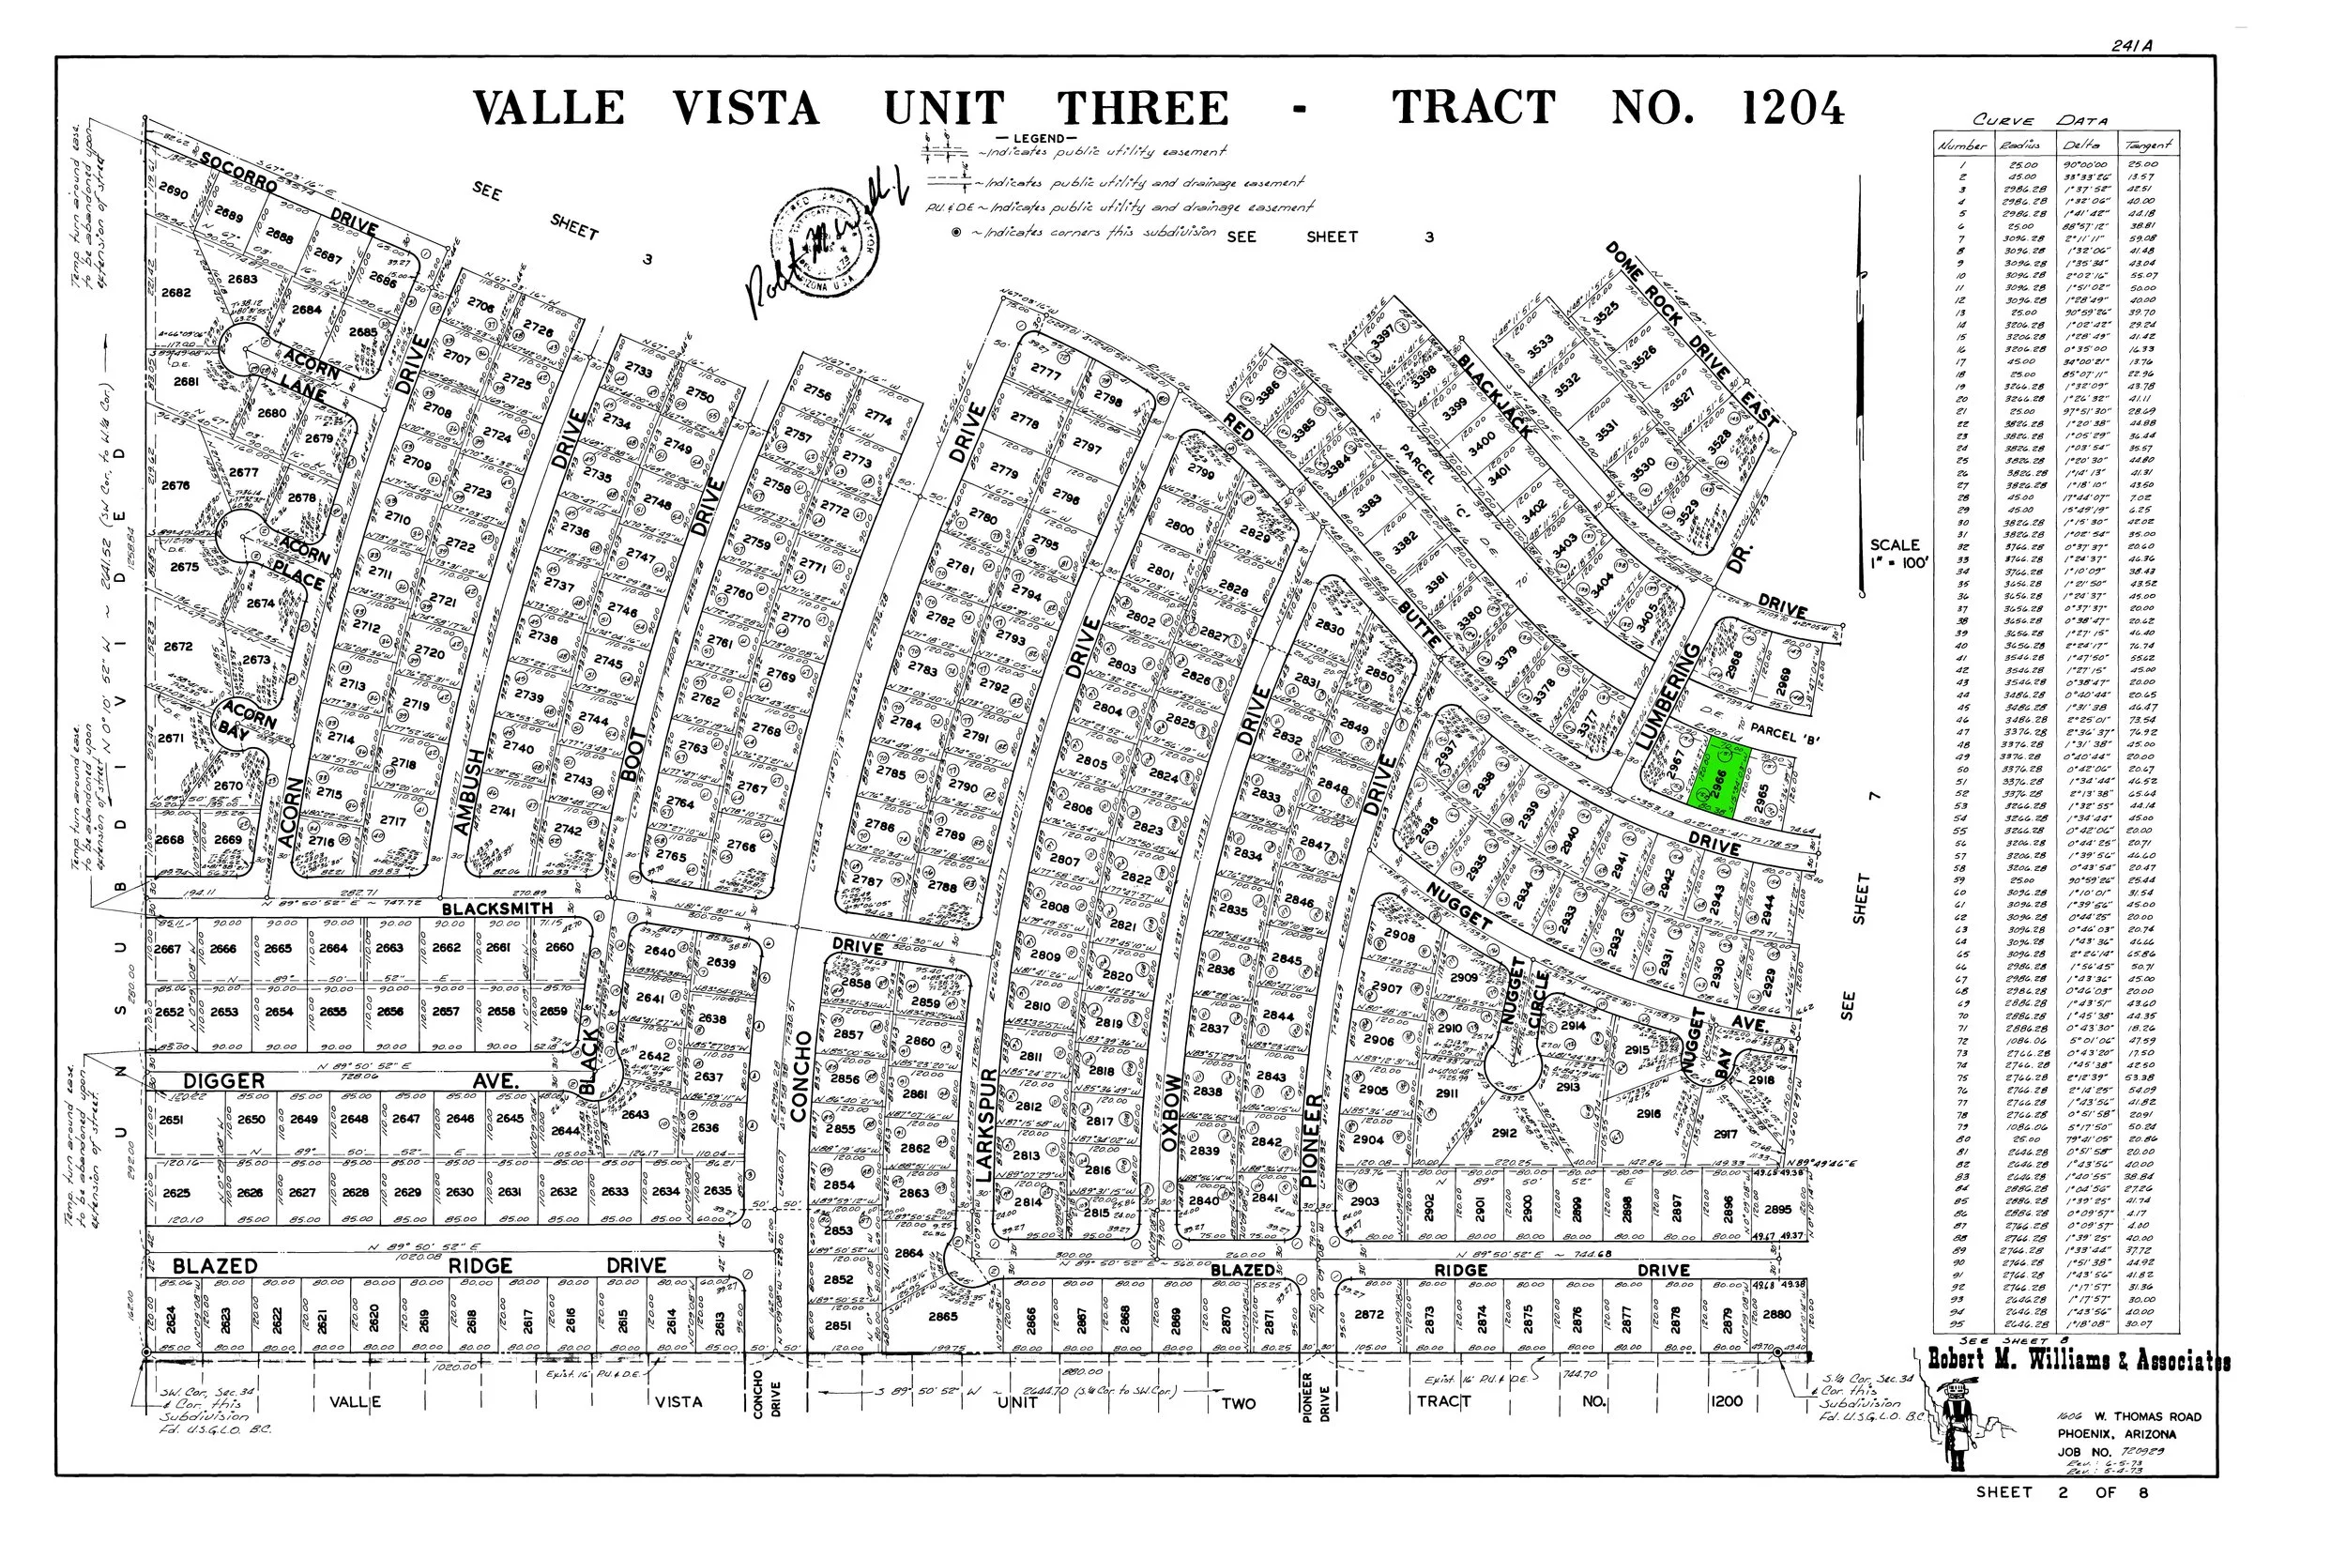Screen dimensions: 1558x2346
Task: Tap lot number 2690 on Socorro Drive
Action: coord(173,191)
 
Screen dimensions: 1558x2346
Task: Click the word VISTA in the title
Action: coord(746,108)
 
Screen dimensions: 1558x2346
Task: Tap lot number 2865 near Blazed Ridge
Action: coord(942,1317)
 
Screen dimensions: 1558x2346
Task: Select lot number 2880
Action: coord(1777,1314)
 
